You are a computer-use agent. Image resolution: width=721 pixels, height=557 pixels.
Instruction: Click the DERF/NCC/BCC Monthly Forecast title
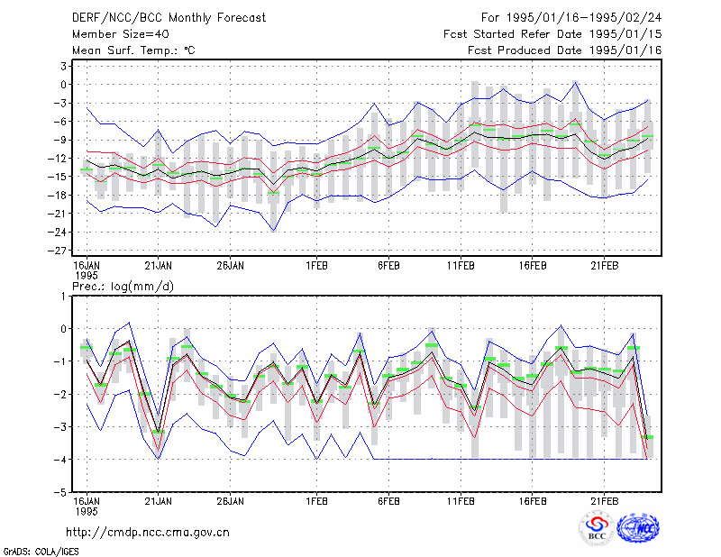click(x=169, y=18)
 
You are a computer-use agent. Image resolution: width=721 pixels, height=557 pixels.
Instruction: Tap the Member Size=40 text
click(x=121, y=34)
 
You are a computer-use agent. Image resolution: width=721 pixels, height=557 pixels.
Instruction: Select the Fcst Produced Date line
click(x=565, y=50)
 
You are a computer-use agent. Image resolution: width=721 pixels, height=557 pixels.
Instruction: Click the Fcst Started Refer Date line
click(x=552, y=34)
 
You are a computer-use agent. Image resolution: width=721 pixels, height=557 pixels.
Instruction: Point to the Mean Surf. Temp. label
click(x=133, y=50)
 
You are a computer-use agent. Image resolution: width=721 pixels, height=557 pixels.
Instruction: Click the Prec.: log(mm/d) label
click(x=123, y=287)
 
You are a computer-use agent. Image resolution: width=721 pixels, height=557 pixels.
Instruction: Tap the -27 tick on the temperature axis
click(x=57, y=251)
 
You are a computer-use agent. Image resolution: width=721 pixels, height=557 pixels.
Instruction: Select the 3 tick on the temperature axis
click(x=63, y=66)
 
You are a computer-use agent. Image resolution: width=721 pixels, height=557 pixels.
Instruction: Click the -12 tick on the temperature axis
click(x=57, y=159)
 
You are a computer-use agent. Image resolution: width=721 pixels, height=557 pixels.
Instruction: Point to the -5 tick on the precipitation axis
click(x=59, y=492)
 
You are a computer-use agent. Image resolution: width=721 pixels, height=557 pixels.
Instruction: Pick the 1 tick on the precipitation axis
click(x=63, y=297)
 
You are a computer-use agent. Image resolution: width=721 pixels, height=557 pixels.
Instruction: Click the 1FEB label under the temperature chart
click(x=317, y=266)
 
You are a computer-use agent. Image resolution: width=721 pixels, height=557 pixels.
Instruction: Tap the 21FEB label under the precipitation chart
click(x=604, y=501)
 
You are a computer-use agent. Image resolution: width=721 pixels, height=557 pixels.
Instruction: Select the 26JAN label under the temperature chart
click(x=231, y=266)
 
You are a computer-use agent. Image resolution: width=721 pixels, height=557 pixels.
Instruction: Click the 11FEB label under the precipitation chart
click(x=461, y=501)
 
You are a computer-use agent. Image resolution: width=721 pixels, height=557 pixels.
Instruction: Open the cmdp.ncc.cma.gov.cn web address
click(x=148, y=533)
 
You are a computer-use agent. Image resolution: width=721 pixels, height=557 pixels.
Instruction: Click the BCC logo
click(x=597, y=529)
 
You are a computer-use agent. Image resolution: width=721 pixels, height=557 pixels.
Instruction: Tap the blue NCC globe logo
click(x=638, y=528)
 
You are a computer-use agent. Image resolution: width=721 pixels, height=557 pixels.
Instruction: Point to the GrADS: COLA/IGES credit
click(x=41, y=552)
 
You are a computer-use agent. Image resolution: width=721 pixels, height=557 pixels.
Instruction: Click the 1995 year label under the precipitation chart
click(x=87, y=511)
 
